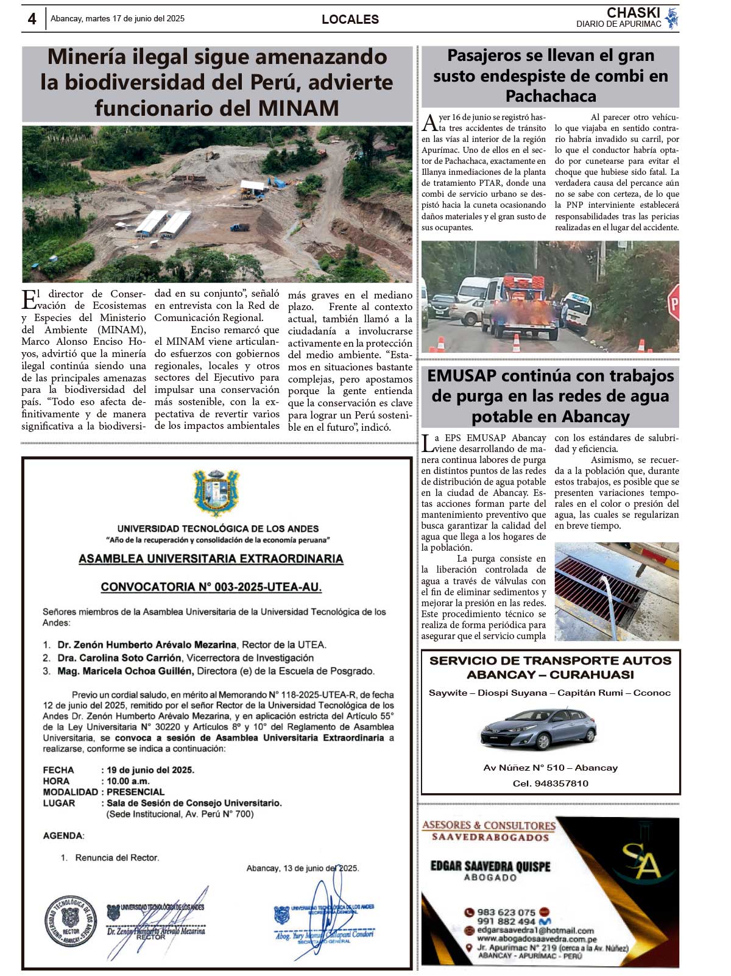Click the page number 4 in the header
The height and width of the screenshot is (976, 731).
(x=32, y=19)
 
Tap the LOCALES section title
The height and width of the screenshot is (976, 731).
(x=350, y=19)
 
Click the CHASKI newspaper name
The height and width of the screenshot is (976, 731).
(x=634, y=13)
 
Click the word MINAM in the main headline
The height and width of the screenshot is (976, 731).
(x=298, y=108)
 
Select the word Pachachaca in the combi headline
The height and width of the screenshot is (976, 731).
(x=551, y=96)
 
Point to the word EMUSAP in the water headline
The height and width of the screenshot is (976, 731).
(x=462, y=376)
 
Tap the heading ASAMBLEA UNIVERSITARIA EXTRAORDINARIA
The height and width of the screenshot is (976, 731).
(x=211, y=559)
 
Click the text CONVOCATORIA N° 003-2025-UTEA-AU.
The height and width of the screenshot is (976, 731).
(x=211, y=587)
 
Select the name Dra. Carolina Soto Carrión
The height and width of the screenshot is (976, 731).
(x=119, y=658)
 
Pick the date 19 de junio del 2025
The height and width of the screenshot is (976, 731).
(x=150, y=770)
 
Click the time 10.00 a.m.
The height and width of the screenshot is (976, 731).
(x=128, y=781)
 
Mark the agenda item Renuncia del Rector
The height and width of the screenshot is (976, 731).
(x=117, y=858)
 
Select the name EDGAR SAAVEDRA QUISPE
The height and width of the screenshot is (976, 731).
(x=490, y=866)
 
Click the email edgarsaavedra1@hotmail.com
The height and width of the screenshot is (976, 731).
(x=535, y=930)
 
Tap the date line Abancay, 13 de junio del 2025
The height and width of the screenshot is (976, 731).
(x=303, y=868)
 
